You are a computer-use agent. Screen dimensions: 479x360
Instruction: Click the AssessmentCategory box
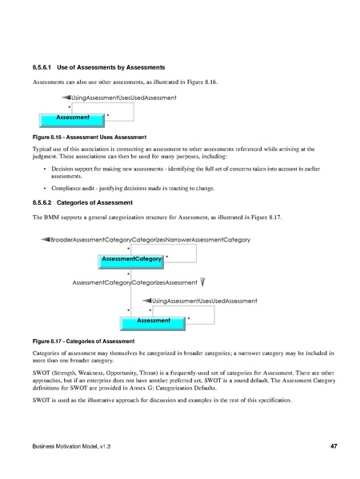pos(130,257)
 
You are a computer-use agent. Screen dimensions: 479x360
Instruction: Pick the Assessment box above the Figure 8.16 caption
pos(71,118)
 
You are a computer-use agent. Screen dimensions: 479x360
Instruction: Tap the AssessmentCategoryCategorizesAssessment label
pos(134,282)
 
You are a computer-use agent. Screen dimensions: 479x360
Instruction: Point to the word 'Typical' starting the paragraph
pos(42,150)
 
